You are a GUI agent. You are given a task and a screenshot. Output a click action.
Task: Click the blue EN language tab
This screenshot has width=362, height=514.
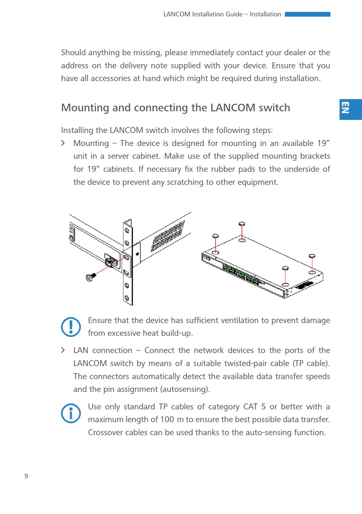pos(350,109)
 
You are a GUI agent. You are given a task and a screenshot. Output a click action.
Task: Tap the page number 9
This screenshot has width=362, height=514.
pos(26,476)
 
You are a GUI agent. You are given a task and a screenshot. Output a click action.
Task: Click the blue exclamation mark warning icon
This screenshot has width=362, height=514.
pos(71,327)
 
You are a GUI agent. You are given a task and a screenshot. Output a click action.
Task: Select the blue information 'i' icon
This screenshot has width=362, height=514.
pos(71,413)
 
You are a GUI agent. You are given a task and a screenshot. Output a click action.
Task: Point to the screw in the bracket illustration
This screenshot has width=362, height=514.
pos(91,277)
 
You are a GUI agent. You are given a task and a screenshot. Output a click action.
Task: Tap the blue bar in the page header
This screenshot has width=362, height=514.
pos(307,14)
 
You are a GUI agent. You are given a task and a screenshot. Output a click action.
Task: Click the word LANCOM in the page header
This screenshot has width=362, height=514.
pos(177,14)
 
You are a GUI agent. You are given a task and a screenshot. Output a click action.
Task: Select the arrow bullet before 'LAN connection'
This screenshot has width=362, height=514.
pos(63,350)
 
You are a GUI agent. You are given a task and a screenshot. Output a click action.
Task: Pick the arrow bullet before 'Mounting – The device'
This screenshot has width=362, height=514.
pos(63,143)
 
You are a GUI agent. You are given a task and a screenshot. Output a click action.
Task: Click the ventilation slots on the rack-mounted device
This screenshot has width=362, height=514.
pos(168,236)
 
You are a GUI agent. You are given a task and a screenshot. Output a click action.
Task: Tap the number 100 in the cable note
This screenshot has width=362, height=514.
pos(167,419)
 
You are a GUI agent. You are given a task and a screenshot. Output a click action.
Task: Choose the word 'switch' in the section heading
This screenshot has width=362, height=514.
pos(274,108)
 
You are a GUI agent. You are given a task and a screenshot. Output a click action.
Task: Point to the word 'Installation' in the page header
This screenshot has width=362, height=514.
pos(265,14)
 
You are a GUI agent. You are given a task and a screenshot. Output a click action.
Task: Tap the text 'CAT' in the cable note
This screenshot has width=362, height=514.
pos(250,406)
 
